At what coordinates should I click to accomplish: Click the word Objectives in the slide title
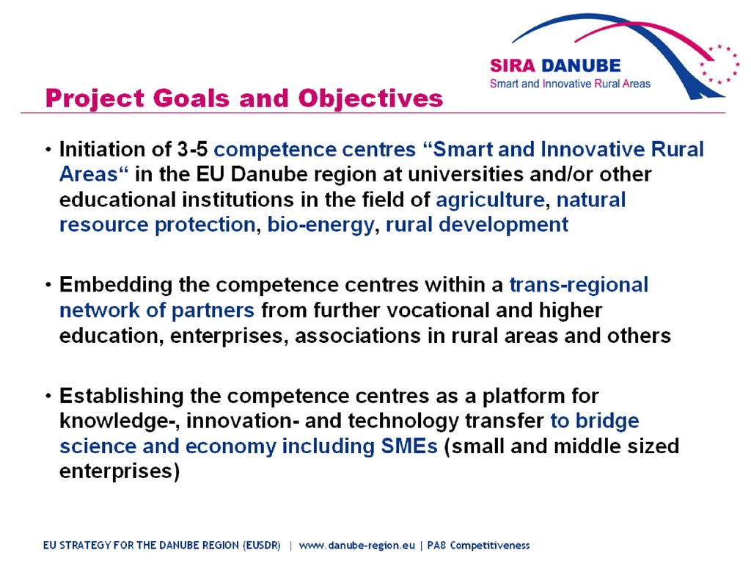pos(370,99)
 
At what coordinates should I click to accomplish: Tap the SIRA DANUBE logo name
pos(555,65)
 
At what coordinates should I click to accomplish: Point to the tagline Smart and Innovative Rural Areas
pos(570,84)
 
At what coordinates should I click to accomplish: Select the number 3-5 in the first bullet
pos(193,150)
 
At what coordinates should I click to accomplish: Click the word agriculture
pos(490,200)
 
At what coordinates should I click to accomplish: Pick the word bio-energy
pos(320,225)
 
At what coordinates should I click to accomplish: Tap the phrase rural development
pos(477,225)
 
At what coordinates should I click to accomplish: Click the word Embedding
pos(116,286)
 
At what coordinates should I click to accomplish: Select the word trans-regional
pos(579,286)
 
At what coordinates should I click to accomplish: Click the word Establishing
pos(121,397)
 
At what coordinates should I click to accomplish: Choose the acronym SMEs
pos(409,446)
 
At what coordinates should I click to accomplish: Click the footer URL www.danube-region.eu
pos(357,546)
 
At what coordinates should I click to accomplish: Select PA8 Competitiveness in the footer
pos(478,546)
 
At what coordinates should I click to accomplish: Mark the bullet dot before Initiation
pos(48,150)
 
